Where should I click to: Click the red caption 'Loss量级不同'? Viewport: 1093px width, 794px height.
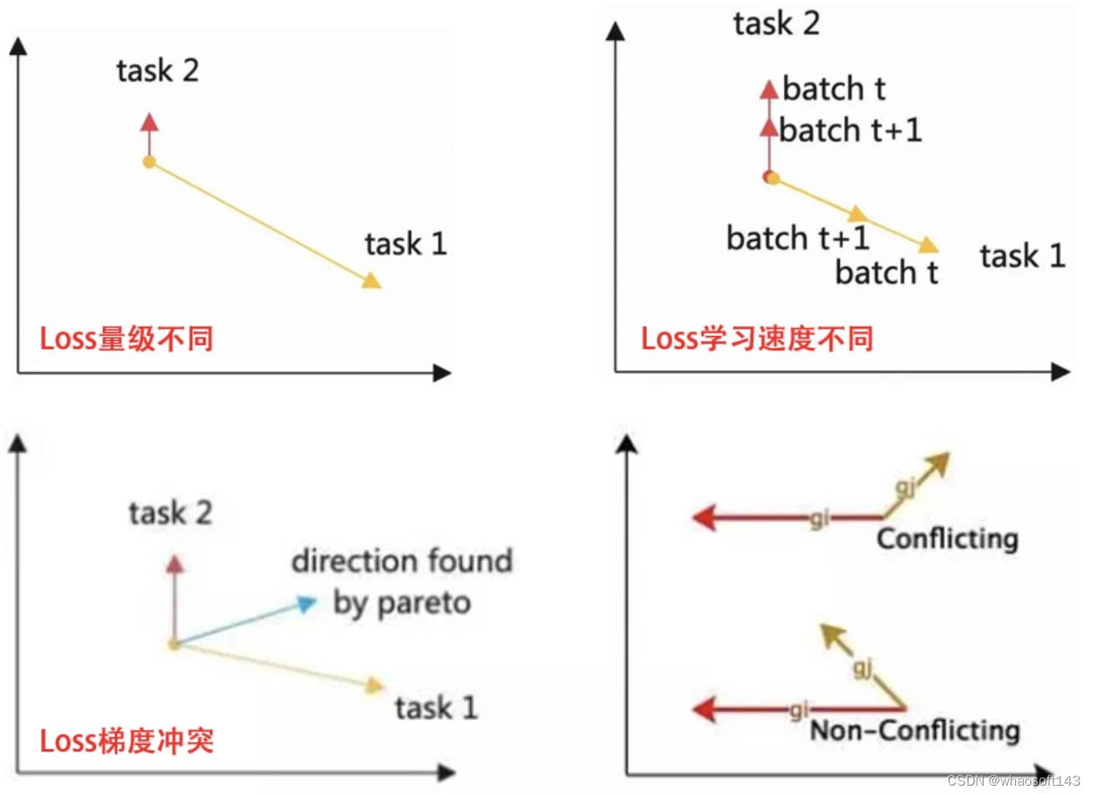(127, 338)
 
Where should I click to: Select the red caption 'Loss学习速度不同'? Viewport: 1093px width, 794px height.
(757, 338)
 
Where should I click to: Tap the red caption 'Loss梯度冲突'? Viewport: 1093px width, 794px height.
(127, 741)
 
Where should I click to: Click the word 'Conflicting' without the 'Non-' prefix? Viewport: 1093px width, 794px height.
(947, 538)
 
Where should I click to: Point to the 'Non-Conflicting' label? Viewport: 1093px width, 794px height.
(915, 730)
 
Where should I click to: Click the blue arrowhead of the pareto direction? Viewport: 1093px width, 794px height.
(307, 603)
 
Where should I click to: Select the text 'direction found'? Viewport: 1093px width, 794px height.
(402, 561)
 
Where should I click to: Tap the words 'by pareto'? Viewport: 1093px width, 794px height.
(402, 603)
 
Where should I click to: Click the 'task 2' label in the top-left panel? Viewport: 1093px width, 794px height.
(158, 71)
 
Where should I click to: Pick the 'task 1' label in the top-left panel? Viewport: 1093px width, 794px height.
(406, 244)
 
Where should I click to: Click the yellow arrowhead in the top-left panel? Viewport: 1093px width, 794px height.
(371, 279)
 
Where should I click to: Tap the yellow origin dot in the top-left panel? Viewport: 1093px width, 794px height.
(149, 162)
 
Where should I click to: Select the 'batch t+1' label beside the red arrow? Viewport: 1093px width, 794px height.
(851, 130)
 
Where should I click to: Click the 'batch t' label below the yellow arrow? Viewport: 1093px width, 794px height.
(887, 272)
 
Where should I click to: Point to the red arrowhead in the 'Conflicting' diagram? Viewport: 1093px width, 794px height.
(704, 517)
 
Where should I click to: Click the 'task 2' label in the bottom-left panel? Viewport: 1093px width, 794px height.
(170, 512)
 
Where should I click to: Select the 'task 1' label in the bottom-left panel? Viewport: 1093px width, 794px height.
(436, 708)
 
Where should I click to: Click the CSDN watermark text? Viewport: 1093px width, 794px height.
(1014, 781)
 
